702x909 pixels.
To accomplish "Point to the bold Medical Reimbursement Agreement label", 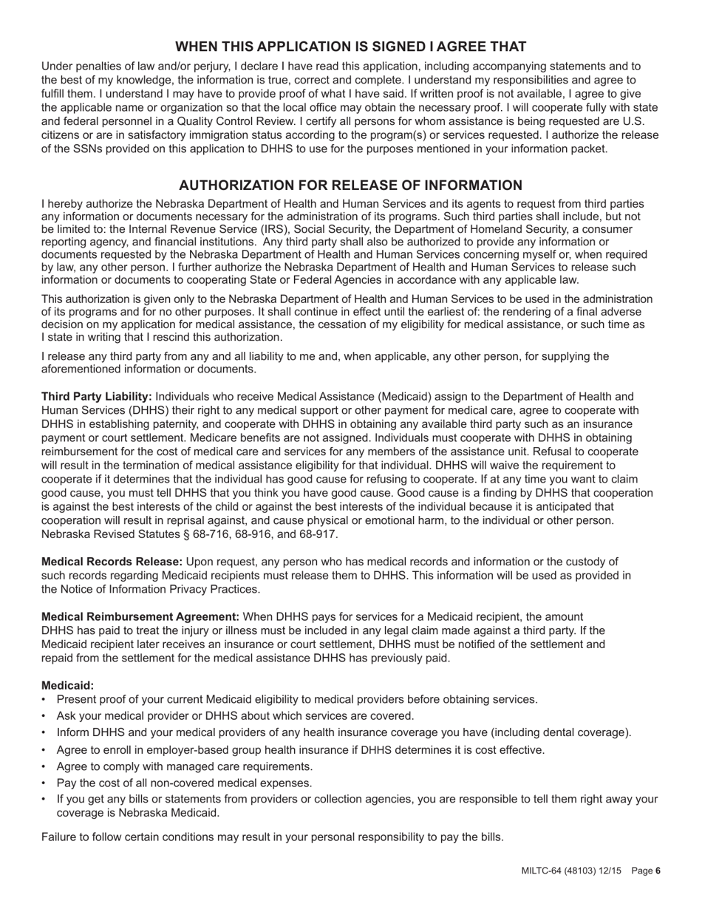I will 140,616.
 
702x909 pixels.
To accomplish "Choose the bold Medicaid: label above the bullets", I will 67,685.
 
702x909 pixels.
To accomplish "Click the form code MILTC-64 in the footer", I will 543,871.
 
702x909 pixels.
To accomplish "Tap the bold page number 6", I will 657,871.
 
